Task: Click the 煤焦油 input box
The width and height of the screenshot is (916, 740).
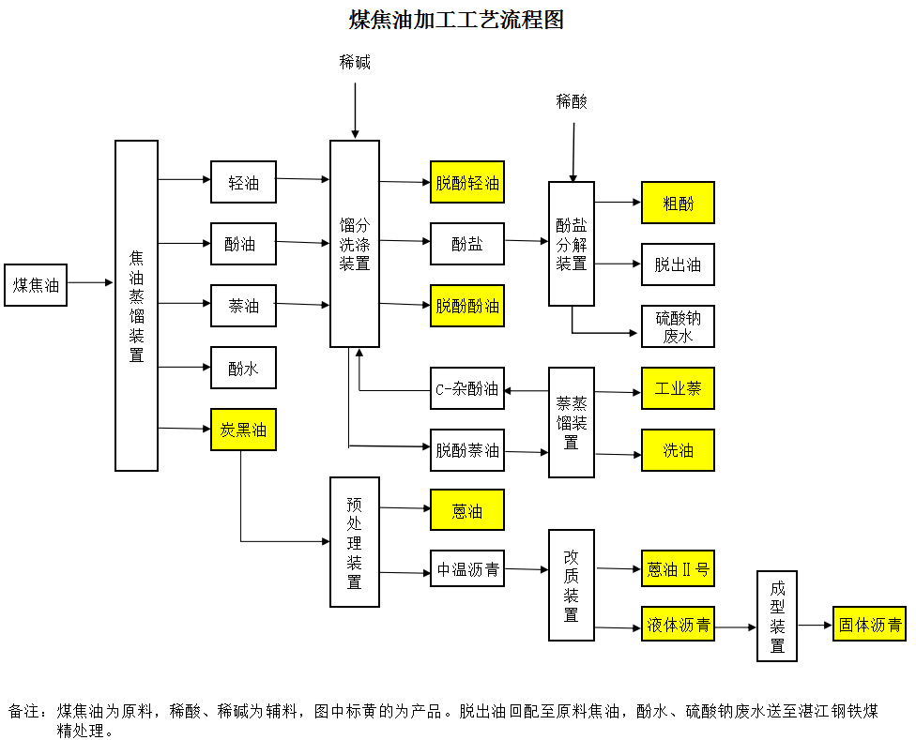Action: click(x=36, y=285)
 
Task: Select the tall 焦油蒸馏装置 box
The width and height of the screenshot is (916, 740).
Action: click(x=136, y=305)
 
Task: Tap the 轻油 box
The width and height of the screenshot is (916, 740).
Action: click(x=243, y=182)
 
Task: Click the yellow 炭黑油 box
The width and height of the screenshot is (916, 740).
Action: click(x=243, y=430)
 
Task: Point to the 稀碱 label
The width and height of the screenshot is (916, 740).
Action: click(x=355, y=63)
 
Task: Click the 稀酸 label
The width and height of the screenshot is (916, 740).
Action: click(x=572, y=101)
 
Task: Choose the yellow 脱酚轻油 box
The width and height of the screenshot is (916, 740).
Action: click(x=467, y=182)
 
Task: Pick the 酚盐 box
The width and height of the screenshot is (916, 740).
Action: click(x=467, y=244)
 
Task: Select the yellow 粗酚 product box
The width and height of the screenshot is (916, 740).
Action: click(x=678, y=203)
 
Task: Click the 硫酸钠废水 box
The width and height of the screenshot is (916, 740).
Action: click(x=678, y=326)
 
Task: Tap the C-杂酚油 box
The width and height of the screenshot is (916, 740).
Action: click(x=467, y=388)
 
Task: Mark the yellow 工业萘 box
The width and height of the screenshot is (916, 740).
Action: click(x=678, y=388)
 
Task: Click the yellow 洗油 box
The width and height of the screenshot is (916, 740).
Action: click(x=678, y=450)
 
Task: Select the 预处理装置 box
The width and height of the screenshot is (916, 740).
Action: click(x=355, y=542)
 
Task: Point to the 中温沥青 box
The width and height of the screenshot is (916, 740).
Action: click(x=467, y=568)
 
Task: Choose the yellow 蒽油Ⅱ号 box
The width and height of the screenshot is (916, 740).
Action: click(x=678, y=568)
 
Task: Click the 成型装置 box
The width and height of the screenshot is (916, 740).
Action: click(x=777, y=616)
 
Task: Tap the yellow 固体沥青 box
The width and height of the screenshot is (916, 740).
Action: click(x=870, y=624)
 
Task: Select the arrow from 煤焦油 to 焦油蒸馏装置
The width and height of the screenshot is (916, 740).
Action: click(x=90, y=282)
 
